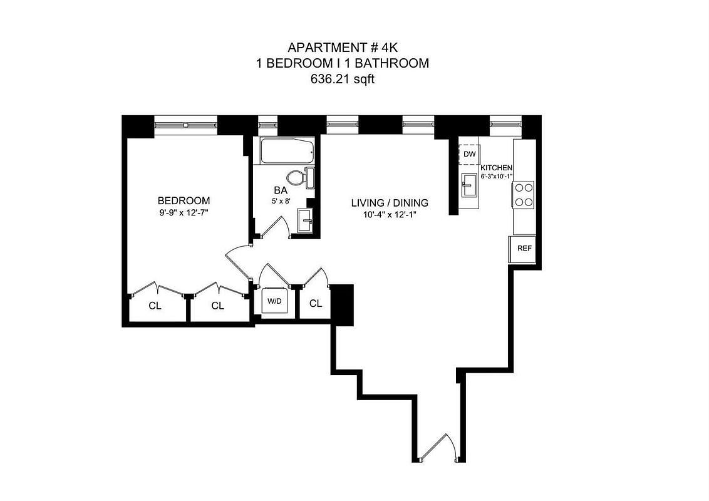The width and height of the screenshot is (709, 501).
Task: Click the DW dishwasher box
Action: [470, 154]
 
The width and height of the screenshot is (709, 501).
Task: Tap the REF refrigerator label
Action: [524, 248]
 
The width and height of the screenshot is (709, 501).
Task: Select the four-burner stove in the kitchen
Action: [524, 194]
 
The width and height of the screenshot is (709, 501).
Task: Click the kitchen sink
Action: [470, 185]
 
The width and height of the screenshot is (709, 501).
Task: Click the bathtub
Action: [287, 151]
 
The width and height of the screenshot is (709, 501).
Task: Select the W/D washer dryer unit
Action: [274, 301]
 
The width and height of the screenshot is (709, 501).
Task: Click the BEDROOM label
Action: [184, 200]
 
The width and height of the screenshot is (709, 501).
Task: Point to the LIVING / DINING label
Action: [390, 203]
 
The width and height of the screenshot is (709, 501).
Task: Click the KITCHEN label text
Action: [496, 168]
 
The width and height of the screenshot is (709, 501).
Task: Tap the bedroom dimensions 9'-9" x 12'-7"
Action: [184, 212]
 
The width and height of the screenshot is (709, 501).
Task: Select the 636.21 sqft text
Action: [343, 79]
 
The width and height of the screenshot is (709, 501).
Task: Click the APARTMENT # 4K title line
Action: [343, 47]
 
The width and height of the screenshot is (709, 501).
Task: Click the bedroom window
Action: [186, 125]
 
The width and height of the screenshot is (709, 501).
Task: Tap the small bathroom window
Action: [267, 125]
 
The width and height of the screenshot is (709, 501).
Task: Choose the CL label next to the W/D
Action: [316, 303]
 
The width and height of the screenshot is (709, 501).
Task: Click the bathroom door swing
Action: [274, 227]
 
